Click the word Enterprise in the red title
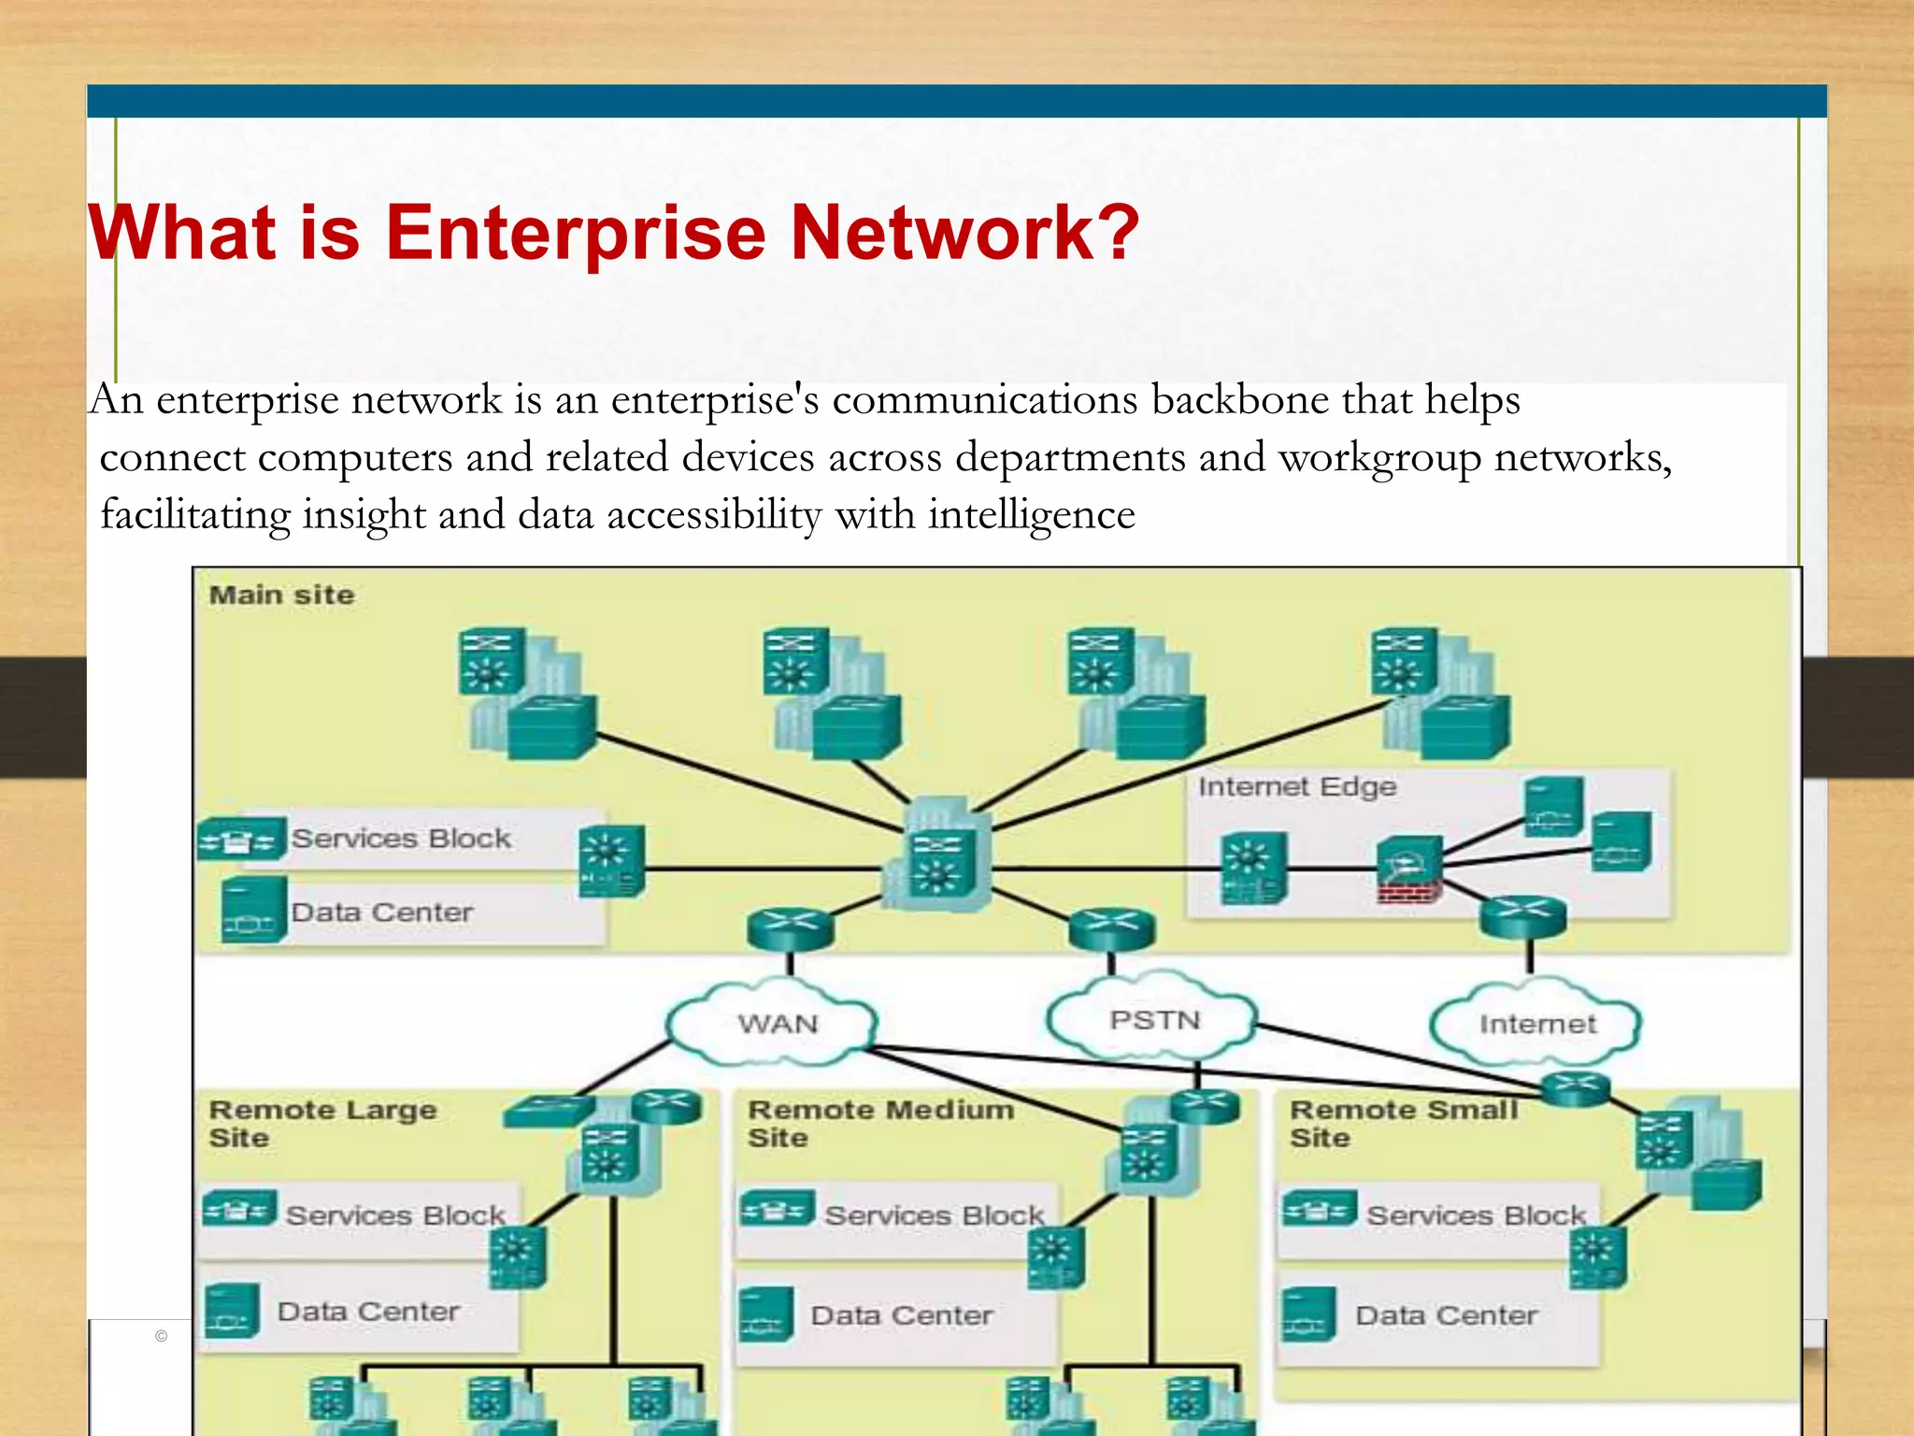(x=575, y=234)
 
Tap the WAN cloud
(x=776, y=1024)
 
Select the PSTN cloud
(x=1154, y=1020)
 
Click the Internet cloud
(x=1537, y=1025)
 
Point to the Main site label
(x=281, y=596)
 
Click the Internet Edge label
(x=1297, y=787)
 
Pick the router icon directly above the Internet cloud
(x=1523, y=915)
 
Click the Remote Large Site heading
(x=322, y=1123)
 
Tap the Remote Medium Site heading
(x=880, y=1123)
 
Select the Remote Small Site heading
(x=1404, y=1123)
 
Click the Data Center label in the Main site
(x=381, y=912)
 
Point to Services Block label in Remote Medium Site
(x=934, y=1215)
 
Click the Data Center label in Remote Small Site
(x=1446, y=1315)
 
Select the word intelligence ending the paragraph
(x=1031, y=515)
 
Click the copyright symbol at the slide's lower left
(x=161, y=1336)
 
